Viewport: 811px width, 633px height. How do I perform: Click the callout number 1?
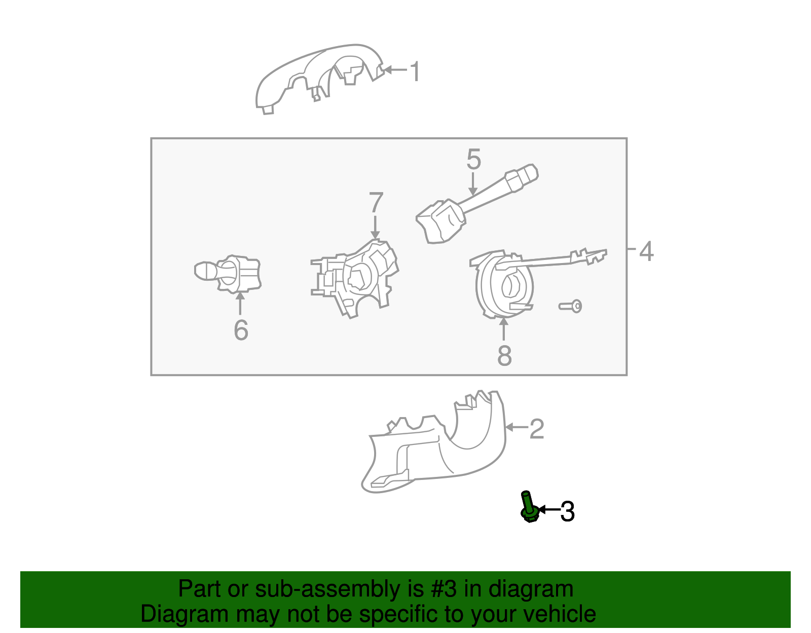415,71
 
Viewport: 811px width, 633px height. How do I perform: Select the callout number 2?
537,429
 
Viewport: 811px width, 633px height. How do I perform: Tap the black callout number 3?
567,512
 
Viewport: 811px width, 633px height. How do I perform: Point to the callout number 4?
646,251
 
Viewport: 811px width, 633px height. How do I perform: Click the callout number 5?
473,160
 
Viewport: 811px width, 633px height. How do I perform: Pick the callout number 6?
241,330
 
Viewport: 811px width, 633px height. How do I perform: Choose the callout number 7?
376,203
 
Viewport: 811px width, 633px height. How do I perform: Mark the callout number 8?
504,355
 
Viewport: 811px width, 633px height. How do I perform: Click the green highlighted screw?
529,507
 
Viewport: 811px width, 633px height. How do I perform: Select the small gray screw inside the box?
570,306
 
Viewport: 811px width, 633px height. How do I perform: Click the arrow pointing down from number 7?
375,227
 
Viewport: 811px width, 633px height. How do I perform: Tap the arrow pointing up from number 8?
503,329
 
